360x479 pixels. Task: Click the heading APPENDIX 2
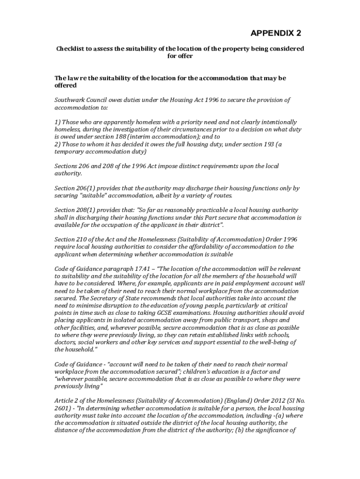pos(276,33)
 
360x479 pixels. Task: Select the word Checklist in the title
pos(71,49)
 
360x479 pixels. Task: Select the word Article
pos(65,401)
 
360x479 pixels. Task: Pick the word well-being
pos(273,342)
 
